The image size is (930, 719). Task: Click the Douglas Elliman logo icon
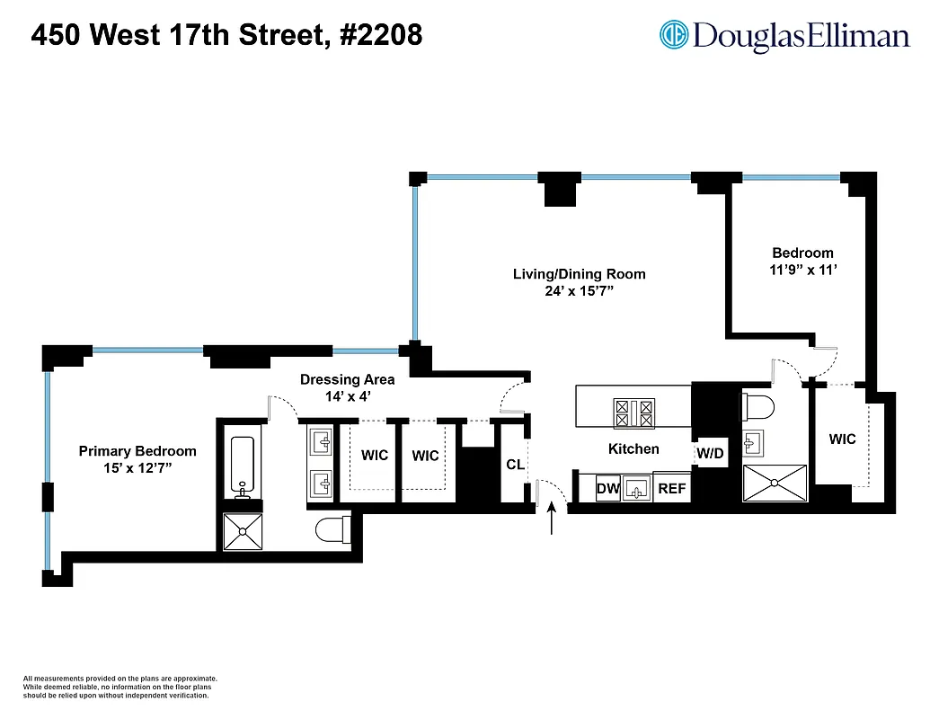pos(674,35)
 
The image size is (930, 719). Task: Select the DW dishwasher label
pos(608,488)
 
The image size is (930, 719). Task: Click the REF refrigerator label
pos(671,488)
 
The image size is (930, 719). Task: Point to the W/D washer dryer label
pos(710,454)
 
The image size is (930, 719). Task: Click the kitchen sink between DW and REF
pos(637,490)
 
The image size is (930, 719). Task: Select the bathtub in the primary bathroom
pos(243,466)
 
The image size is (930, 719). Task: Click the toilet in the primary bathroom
pos(333,529)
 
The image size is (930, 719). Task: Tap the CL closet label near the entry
pos(515,465)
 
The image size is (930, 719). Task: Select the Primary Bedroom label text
pos(137,459)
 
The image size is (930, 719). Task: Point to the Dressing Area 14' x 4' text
pos(347,387)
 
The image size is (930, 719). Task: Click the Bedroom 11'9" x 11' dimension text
pos(802,269)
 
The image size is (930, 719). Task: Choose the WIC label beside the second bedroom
pos(842,439)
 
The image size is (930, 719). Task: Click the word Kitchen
pos(633,448)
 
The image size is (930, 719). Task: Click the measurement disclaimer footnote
pos(120,687)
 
